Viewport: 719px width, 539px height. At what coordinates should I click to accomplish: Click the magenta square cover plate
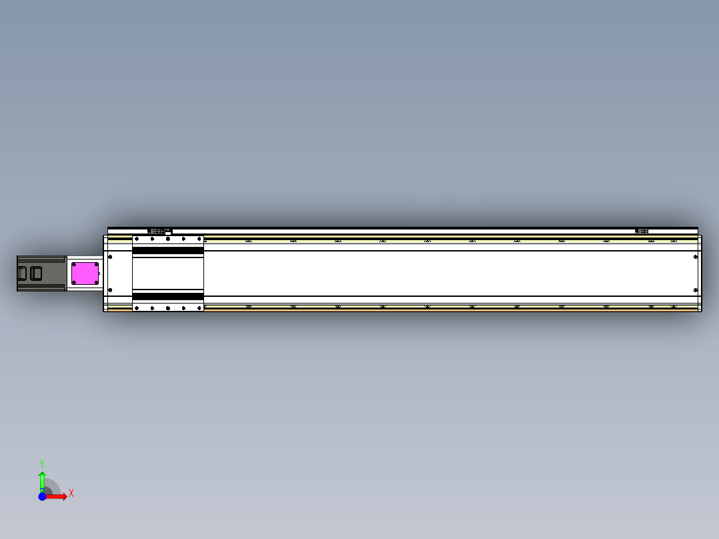[x=85, y=274]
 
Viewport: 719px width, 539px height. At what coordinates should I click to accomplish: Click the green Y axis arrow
[x=42, y=482]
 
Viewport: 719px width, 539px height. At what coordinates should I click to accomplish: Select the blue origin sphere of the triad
[x=42, y=496]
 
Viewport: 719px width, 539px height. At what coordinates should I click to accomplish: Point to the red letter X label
[x=71, y=494]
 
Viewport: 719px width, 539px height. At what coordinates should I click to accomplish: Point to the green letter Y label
[x=42, y=464]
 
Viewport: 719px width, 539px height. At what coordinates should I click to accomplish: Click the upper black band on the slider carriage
[x=168, y=250]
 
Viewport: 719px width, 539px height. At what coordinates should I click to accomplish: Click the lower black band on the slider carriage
[x=168, y=296]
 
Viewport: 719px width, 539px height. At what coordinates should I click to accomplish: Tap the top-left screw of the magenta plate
[x=74, y=265]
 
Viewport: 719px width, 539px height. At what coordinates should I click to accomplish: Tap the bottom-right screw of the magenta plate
[x=96, y=282]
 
